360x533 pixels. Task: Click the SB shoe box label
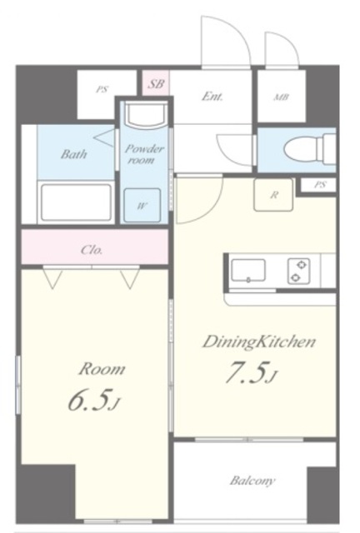[x=156, y=83]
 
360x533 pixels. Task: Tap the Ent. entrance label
[x=212, y=97]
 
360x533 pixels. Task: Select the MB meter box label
[x=282, y=97]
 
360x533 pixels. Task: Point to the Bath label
[x=74, y=154]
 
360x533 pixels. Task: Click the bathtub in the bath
[x=76, y=202]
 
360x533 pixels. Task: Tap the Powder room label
[x=144, y=154]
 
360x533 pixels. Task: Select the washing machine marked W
[x=142, y=206]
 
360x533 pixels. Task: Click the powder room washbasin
[x=146, y=115]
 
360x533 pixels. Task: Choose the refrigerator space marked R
[x=273, y=195]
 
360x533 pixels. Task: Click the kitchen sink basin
[x=248, y=271]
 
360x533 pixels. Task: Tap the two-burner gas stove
[x=299, y=271]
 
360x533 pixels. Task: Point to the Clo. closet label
[x=92, y=250]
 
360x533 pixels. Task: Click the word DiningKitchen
[x=259, y=342]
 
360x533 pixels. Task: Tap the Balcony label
[x=252, y=481]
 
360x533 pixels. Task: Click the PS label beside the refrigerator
[x=320, y=185]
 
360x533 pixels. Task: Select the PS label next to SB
[x=102, y=90]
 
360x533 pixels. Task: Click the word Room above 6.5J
[x=102, y=369]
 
